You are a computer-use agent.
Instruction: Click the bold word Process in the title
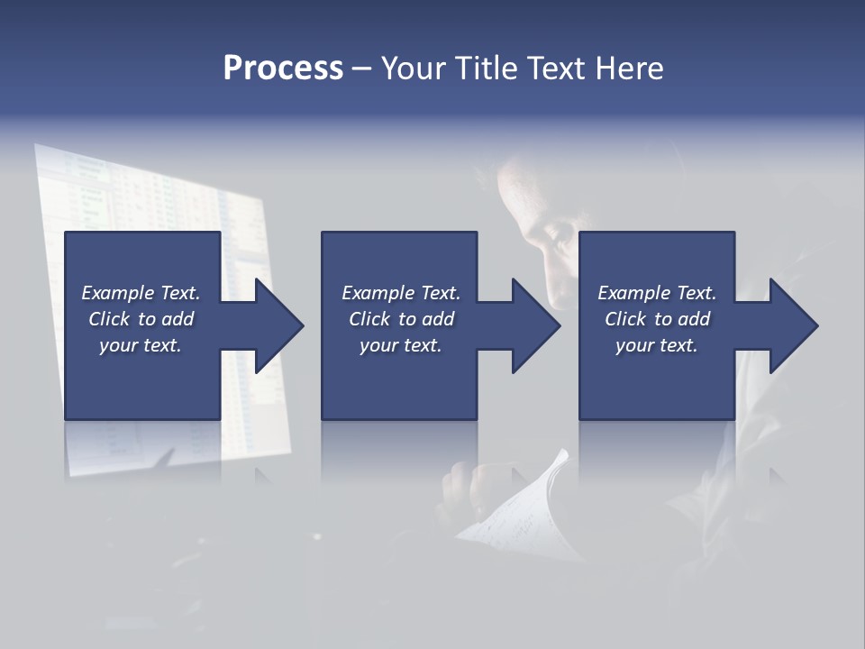pos(283,69)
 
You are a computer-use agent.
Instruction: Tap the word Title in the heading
pos(484,69)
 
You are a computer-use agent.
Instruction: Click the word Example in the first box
pos(118,293)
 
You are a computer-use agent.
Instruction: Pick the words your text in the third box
pos(656,345)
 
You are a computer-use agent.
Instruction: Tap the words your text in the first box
pos(140,345)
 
